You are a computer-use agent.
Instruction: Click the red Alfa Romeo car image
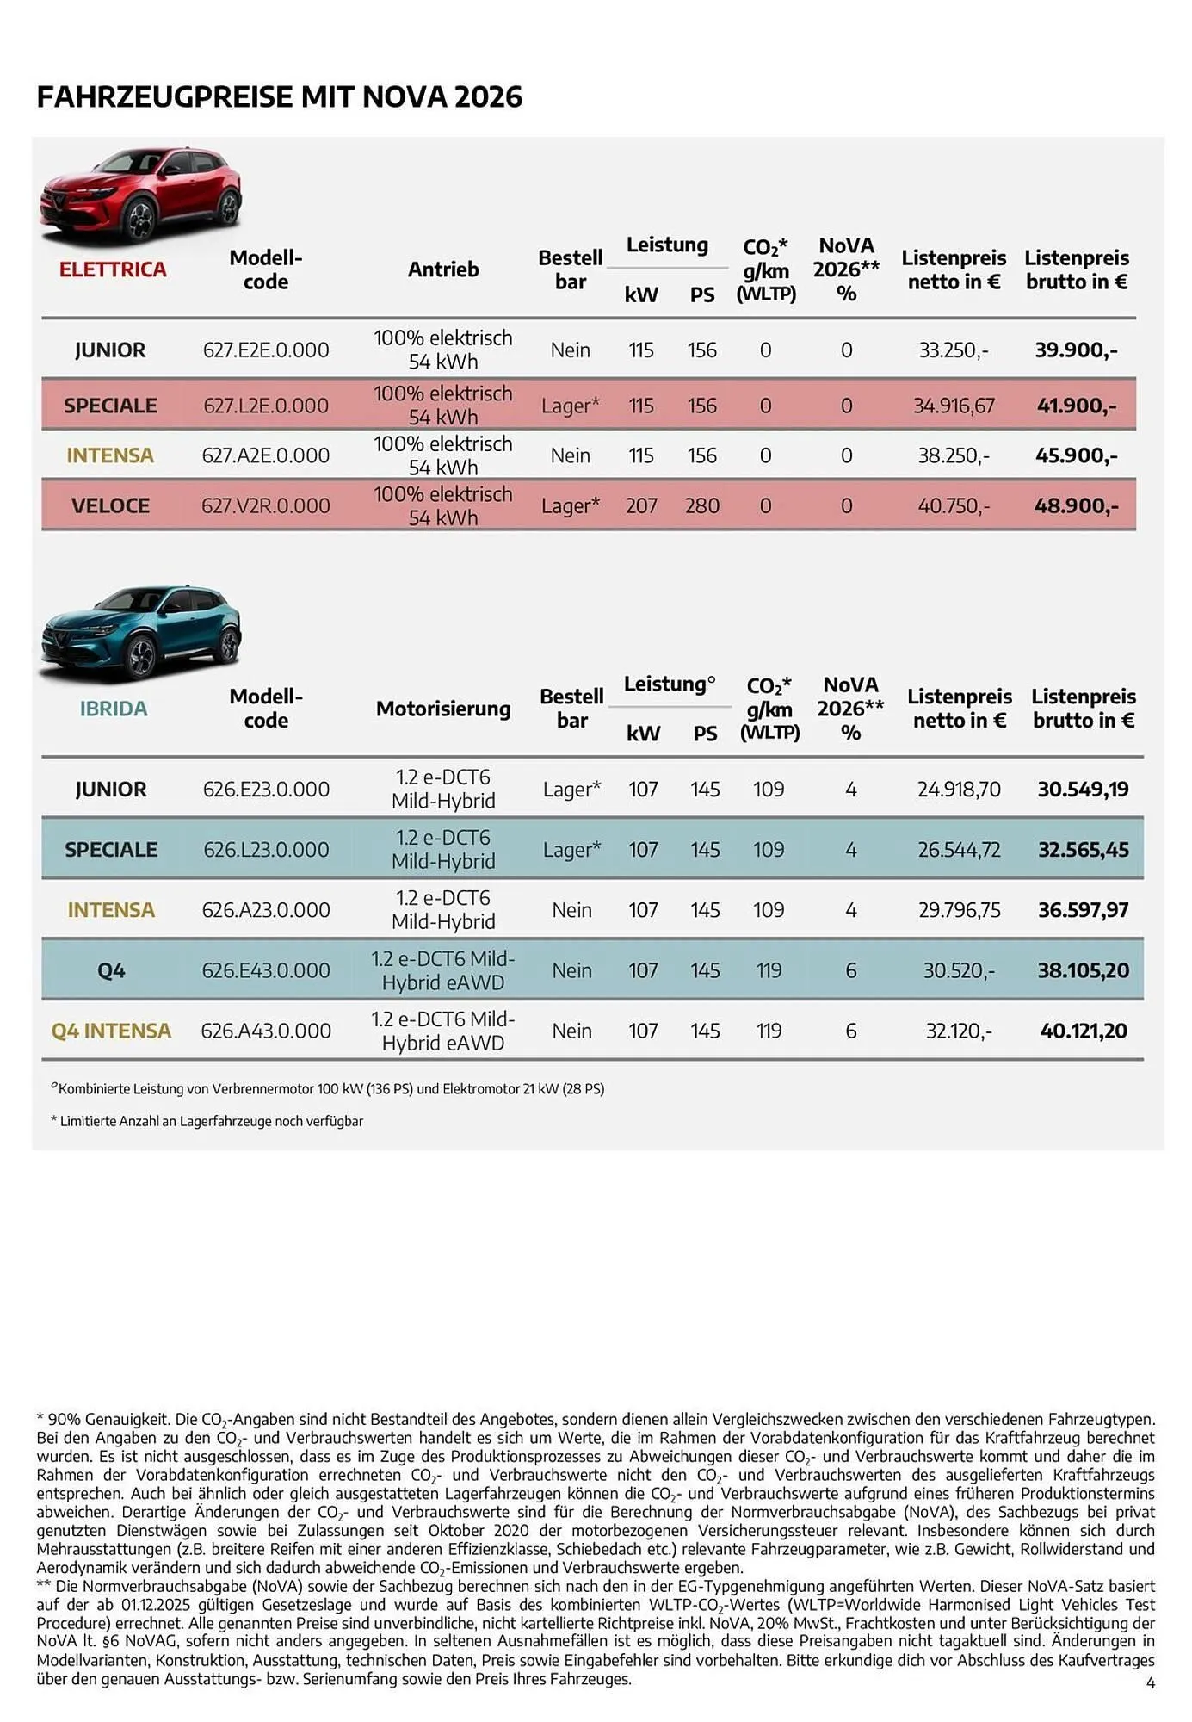click(140, 195)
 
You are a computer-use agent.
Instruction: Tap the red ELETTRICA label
click(113, 269)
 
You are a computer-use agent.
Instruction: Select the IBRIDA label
click(114, 709)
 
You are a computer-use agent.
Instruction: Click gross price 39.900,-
click(1076, 350)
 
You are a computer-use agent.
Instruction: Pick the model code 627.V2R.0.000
click(266, 506)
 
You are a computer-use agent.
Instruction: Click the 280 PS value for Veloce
click(701, 506)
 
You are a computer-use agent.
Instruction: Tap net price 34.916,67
click(954, 406)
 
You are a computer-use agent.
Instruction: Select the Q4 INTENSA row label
click(111, 1031)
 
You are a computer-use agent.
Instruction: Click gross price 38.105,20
click(1083, 970)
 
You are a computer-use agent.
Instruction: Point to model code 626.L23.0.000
click(266, 850)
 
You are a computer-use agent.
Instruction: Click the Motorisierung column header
click(443, 709)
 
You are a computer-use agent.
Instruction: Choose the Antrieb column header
click(443, 269)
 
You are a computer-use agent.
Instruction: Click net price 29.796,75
click(959, 910)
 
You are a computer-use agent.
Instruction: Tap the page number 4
click(1151, 1682)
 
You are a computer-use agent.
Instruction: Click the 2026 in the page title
click(488, 96)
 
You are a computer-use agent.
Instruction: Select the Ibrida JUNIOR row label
click(111, 790)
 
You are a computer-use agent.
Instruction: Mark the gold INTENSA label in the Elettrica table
click(110, 455)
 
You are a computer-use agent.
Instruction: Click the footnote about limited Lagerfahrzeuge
click(207, 1121)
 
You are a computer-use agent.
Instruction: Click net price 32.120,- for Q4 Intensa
click(959, 1031)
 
